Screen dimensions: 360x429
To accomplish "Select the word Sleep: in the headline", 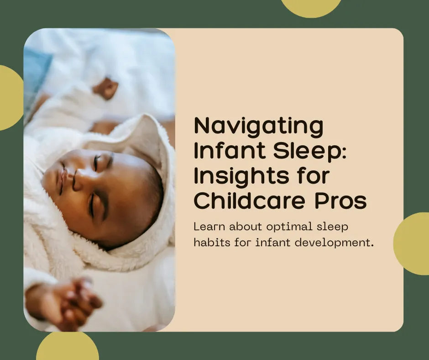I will coord(304,152).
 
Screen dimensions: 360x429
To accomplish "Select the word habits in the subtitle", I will coord(209,242).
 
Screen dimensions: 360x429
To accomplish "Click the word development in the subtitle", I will coord(333,243).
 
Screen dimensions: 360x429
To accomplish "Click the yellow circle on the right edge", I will coord(413,243).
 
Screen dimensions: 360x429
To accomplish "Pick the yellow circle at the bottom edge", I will coord(68,348).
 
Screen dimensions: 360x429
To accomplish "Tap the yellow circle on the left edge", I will coord(9,98).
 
